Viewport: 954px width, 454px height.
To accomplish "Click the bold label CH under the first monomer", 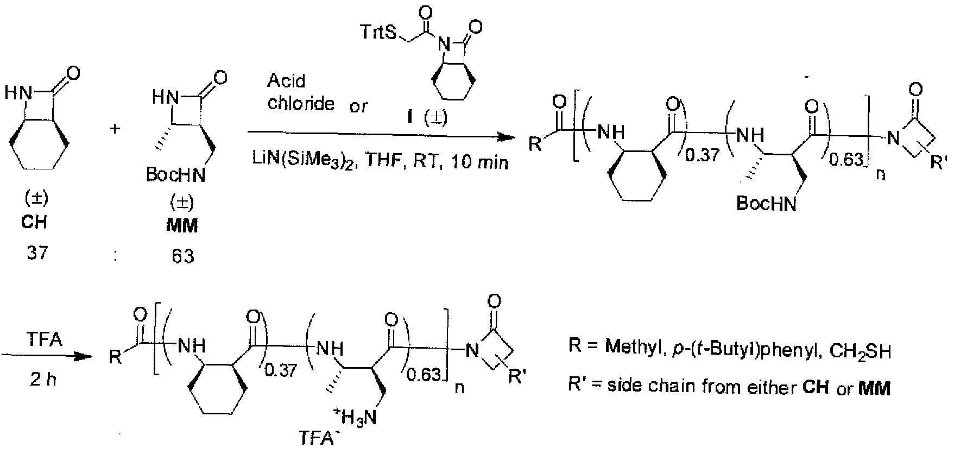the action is [x=36, y=223].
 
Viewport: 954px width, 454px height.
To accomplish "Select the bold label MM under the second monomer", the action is [x=181, y=225].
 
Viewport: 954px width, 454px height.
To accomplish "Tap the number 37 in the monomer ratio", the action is [x=36, y=253].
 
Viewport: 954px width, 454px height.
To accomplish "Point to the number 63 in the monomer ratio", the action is [x=182, y=255].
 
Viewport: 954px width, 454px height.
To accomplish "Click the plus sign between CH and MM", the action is [x=115, y=129].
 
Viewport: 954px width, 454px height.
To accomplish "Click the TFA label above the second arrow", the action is [x=45, y=340].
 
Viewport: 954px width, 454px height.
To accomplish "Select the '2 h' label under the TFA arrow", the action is [x=45, y=380].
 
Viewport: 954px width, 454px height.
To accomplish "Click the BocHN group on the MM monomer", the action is [x=173, y=175].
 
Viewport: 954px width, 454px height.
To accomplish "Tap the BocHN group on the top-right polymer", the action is [x=766, y=204].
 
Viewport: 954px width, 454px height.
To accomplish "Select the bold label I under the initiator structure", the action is [x=421, y=117].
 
